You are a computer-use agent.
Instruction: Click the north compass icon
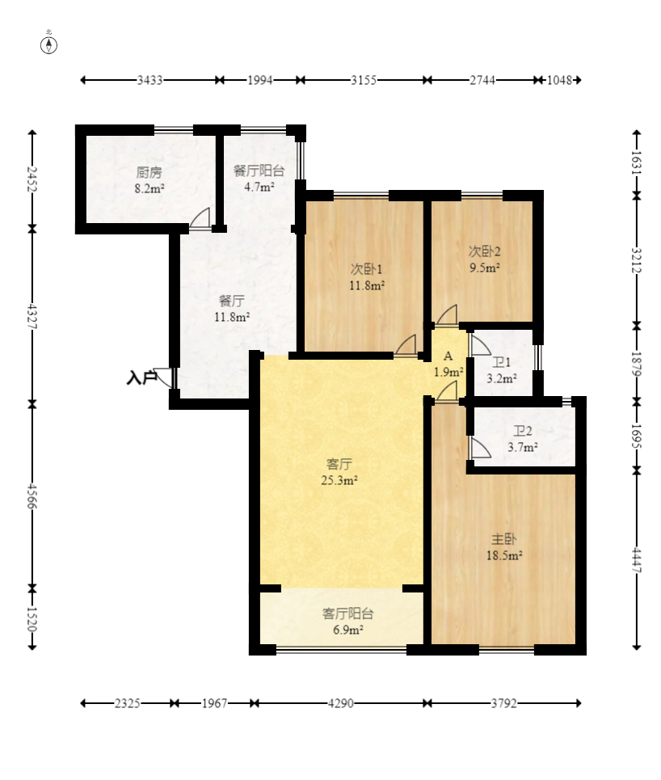(48, 45)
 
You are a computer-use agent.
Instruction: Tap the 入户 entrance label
(141, 377)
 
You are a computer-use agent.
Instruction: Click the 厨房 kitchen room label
(149, 173)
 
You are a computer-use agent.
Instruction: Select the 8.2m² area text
(149, 188)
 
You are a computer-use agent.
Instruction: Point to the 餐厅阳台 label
(259, 171)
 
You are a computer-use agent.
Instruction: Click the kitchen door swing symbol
(200, 218)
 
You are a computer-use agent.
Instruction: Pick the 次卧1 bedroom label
(367, 269)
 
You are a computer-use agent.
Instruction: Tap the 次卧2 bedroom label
(484, 251)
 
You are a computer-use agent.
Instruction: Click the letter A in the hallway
(448, 356)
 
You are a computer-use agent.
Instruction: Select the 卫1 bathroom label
(501, 363)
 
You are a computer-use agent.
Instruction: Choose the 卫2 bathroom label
(523, 431)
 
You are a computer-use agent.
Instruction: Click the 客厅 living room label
(339, 464)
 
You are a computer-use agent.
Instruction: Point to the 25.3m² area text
(339, 480)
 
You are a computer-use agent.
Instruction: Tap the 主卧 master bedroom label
(504, 539)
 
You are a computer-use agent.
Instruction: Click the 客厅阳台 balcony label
(347, 613)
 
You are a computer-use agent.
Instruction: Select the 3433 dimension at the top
(149, 80)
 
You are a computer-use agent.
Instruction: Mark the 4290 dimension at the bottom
(341, 703)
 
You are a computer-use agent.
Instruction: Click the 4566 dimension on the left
(32, 496)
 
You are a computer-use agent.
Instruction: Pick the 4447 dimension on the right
(637, 560)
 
